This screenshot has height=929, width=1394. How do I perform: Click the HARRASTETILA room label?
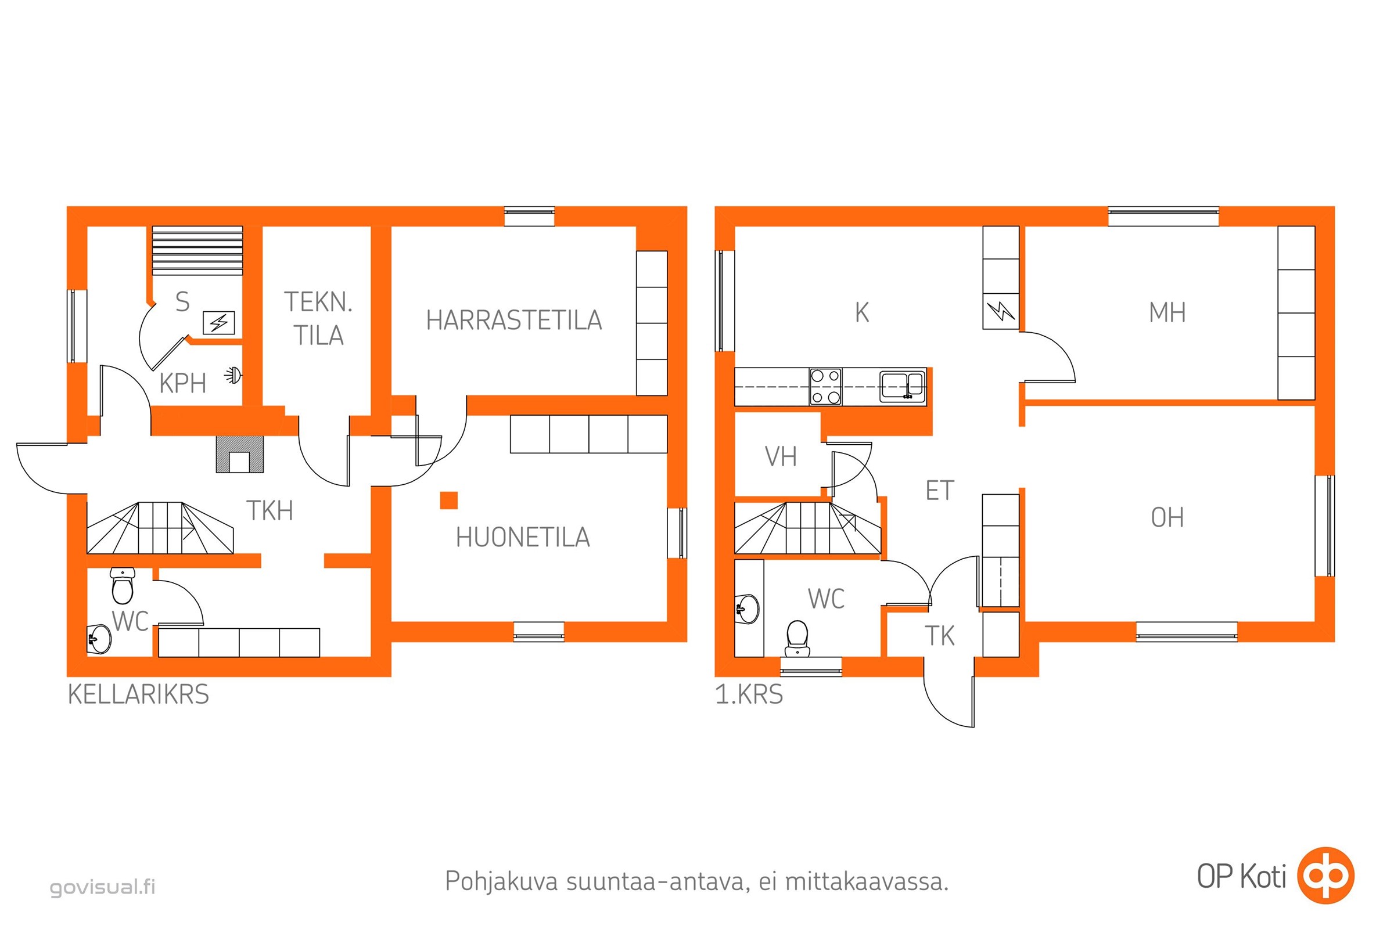(514, 321)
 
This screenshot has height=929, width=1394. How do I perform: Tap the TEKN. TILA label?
(318, 319)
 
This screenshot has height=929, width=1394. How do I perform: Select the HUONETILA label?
(523, 538)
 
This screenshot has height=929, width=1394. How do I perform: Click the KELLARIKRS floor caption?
(139, 694)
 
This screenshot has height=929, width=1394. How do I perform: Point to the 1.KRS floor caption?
(749, 694)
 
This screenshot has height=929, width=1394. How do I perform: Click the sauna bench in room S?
(197, 250)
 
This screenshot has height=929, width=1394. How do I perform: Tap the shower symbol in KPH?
(233, 375)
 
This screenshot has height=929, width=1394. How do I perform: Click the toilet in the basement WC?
(123, 585)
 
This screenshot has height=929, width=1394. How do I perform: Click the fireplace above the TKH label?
(239, 455)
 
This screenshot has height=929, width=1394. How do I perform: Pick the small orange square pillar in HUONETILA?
(448, 500)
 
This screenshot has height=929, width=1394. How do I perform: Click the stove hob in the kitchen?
(825, 386)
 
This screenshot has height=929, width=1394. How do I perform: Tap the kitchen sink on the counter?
(902, 386)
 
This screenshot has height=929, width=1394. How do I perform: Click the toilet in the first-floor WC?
(797, 638)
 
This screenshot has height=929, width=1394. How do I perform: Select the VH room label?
(781, 457)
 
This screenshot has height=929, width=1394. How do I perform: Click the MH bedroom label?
(1167, 313)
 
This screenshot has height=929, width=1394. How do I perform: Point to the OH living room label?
(1167, 518)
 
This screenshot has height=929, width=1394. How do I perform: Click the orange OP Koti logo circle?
(1325, 876)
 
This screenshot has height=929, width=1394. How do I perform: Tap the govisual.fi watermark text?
(103, 887)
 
